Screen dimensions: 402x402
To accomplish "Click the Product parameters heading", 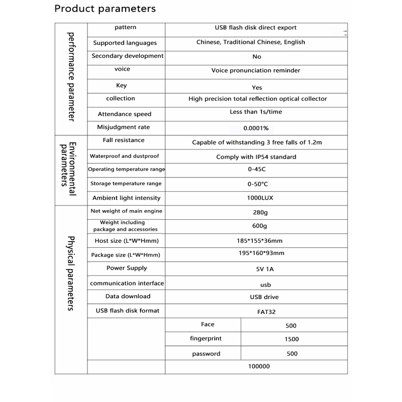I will (105, 9).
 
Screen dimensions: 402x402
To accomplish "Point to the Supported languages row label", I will (125, 43).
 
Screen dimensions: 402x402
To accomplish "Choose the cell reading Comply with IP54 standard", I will (256, 157).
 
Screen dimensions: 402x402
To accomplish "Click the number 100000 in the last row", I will (259, 366).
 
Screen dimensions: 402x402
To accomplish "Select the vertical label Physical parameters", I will (71, 274).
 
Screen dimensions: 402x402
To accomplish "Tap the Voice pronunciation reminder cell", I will (255, 70).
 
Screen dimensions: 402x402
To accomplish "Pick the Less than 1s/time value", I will (255, 112).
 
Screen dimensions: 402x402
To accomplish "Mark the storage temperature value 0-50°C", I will (257, 184).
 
